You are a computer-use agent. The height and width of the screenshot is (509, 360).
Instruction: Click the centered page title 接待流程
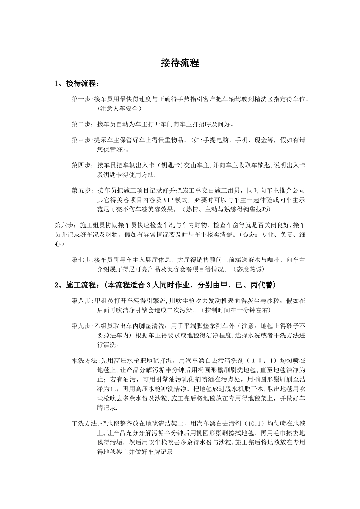(180, 63)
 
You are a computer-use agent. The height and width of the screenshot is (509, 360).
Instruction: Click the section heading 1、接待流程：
(77, 84)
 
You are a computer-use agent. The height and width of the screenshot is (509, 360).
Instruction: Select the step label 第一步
(81, 99)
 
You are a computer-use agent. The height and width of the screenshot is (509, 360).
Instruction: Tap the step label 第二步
(81, 124)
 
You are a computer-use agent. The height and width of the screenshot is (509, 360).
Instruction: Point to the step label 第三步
(81, 140)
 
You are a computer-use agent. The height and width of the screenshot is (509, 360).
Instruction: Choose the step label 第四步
(81, 165)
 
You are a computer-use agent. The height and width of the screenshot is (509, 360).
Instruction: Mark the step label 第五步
(81, 190)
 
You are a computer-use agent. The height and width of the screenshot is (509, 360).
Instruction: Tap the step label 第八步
(81, 301)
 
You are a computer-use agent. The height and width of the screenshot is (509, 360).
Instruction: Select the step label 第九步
(81, 326)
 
